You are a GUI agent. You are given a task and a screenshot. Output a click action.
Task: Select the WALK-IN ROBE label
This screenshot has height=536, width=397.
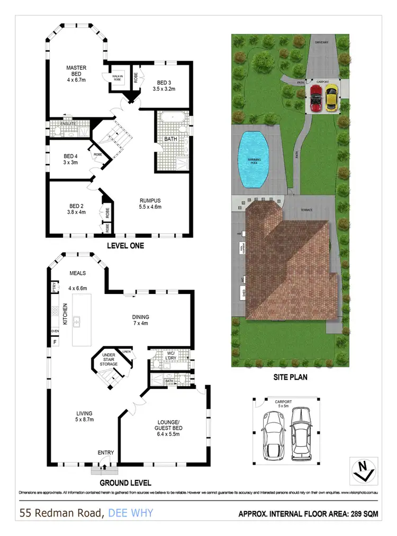pyautogui.click(x=117, y=78)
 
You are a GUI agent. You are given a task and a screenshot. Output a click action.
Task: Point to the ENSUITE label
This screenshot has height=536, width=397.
pyautogui.click(x=69, y=123)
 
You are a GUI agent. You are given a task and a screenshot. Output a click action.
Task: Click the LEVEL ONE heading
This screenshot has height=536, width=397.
pyautogui.click(x=125, y=246)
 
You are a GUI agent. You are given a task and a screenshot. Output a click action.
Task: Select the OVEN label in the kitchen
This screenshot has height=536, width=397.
pyautogui.click(x=55, y=331)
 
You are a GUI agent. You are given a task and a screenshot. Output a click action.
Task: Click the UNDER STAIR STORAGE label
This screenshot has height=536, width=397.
pyautogui.click(x=109, y=359)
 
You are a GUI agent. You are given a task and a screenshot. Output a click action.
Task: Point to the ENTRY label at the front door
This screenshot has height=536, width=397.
pyautogui.click(x=105, y=452)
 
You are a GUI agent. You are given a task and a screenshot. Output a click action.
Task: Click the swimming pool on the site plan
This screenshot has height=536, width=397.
pyautogui.click(x=253, y=159)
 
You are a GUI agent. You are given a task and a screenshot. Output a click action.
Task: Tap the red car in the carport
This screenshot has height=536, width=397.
pyautogui.click(x=315, y=99)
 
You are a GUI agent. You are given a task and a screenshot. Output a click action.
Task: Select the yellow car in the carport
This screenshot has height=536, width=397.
pyautogui.click(x=331, y=99)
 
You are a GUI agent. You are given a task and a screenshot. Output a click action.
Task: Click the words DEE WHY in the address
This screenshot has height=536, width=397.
pyautogui.click(x=130, y=513)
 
